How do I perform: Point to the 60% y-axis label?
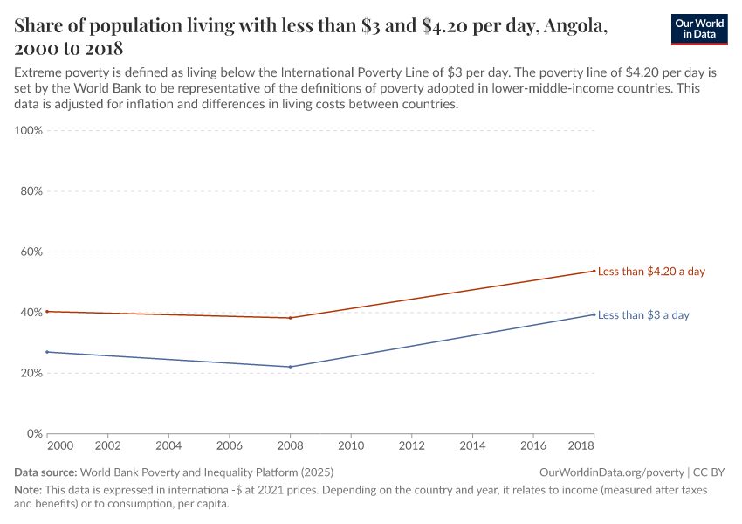tap(31, 252)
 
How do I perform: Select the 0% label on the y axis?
tap(34, 434)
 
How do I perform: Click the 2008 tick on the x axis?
tap(290, 445)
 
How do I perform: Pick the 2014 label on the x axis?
tap(472, 445)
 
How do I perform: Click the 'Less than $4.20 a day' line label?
tap(651, 272)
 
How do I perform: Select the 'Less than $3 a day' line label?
tap(643, 315)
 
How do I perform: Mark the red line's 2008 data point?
tap(290, 318)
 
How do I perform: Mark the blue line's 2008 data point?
tap(290, 367)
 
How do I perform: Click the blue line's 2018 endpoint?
tap(594, 314)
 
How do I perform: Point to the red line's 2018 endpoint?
tap(594, 271)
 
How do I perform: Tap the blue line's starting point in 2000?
tap(47, 352)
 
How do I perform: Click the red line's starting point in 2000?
tap(47, 311)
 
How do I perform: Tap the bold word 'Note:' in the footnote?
tap(29, 491)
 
